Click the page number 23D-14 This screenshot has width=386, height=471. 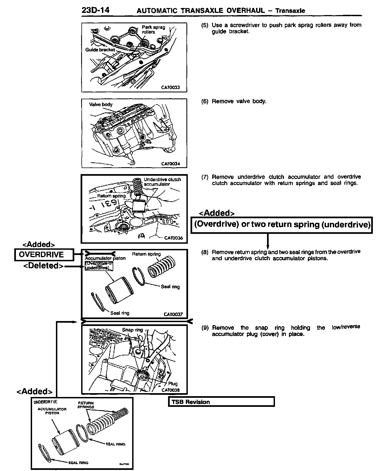pyautogui.click(x=95, y=10)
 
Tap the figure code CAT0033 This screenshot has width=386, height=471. pyautogui.click(x=170, y=87)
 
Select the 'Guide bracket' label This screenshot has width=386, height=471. pyautogui.click(x=100, y=50)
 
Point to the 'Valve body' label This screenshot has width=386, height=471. pyautogui.click(x=101, y=104)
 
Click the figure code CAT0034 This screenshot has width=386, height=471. pyautogui.click(x=170, y=164)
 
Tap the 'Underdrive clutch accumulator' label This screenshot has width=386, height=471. pyautogui.click(x=162, y=182)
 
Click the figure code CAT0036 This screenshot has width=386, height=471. pyautogui.click(x=173, y=238)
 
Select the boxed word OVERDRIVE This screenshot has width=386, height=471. pyautogui.click(x=41, y=255)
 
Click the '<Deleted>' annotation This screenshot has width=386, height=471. pyautogui.click(x=44, y=266)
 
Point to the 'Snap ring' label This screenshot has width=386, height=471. pyautogui.click(x=132, y=330)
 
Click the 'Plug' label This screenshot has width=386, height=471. pyautogui.click(x=173, y=384)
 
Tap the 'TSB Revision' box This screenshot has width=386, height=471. pyautogui.click(x=221, y=402)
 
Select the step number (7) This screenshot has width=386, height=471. pyautogui.click(x=205, y=177)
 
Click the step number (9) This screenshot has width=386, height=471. pyautogui.click(x=205, y=328)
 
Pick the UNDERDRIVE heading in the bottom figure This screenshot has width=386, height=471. pyautogui.click(x=45, y=402)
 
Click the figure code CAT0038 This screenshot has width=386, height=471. pyautogui.click(x=171, y=390)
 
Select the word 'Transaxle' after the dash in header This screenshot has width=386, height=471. pyautogui.click(x=290, y=11)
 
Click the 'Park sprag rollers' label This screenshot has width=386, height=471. pyautogui.click(x=153, y=29)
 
